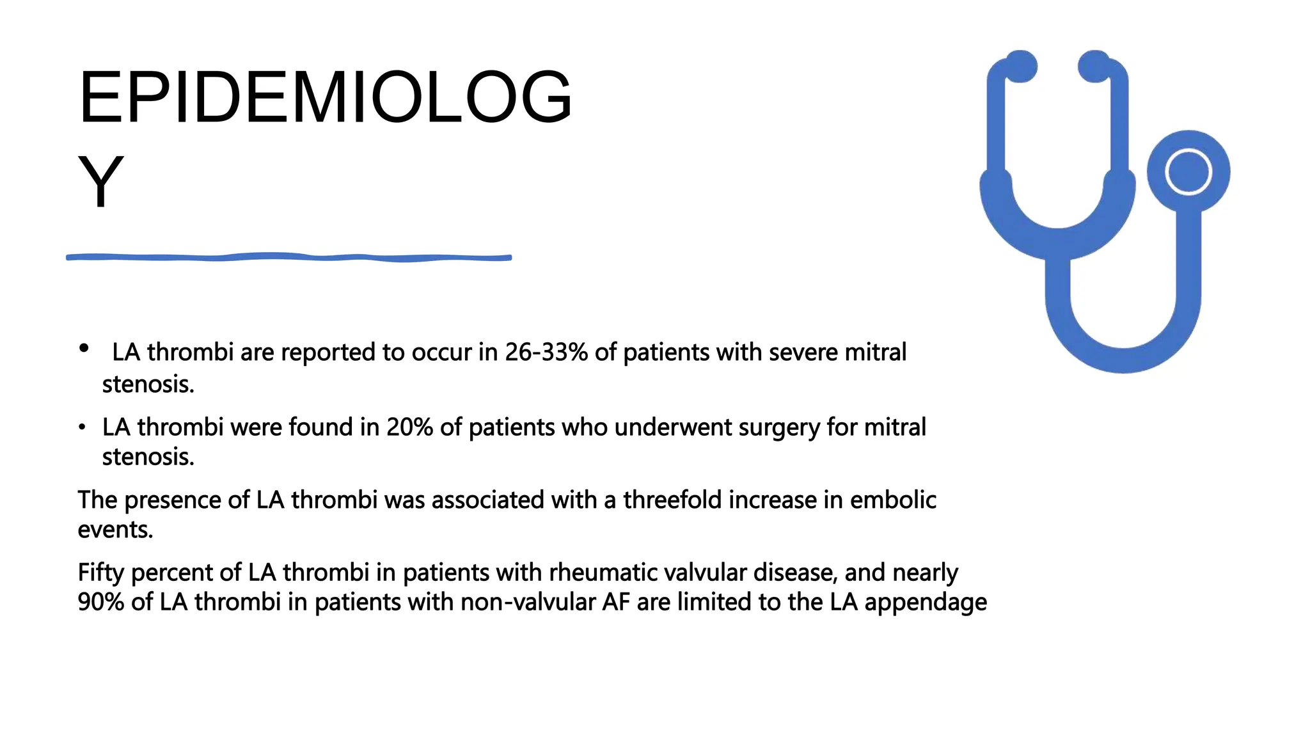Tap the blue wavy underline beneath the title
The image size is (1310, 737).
coord(288,257)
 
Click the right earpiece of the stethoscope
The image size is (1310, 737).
coord(1094,67)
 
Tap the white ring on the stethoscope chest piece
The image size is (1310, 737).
coord(1188,171)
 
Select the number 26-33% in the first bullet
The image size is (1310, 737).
coord(546,353)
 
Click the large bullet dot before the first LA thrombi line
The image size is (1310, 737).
coord(84,349)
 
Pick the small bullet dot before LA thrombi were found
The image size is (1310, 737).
coord(82,427)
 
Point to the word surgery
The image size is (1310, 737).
coord(778,427)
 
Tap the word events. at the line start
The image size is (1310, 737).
coord(115,530)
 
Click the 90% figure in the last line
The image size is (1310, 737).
coord(100,602)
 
